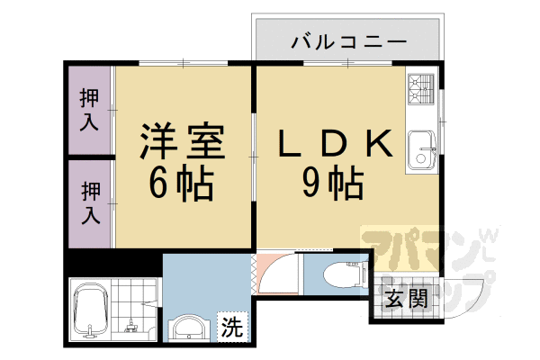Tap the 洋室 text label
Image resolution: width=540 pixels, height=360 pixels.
pos(181,142)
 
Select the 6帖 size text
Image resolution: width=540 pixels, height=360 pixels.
pos(180,184)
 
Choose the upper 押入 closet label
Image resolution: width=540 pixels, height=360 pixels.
pos(90,110)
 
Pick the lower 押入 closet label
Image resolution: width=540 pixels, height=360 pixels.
pos(90,203)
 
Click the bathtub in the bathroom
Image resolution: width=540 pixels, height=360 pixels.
pos(90,311)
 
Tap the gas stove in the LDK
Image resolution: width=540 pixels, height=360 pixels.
pos(420,89)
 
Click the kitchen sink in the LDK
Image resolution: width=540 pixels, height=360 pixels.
pos(420,149)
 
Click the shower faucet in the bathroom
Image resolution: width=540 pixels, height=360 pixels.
pos(133,322)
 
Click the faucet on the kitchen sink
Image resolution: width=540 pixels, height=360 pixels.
pos(431,149)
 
